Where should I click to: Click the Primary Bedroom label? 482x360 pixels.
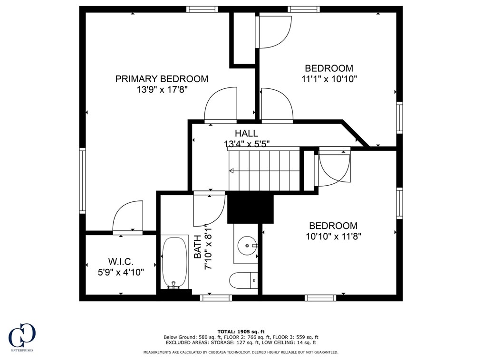coord(162,79)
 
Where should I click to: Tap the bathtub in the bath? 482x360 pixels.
coord(174,262)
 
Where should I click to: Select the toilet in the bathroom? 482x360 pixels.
coord(244,280)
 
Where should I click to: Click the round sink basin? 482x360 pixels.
coord(247,246)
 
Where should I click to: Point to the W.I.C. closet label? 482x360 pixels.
coord(121,262)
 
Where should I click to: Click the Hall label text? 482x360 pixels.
coord(247,133)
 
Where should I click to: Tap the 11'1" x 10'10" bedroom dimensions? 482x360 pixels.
coord(329,79)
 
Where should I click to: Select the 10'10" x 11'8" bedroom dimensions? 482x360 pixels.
coord(333,237)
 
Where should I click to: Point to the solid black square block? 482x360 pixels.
coord(250,209)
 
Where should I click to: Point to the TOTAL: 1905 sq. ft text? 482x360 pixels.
coord(241,332)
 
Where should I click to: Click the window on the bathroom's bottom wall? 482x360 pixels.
coord(216,297)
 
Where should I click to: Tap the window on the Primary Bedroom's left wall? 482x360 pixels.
coord(82,180)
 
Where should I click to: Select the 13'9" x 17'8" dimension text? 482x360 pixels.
coord(162,90)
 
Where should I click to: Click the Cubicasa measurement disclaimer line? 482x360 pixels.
coord(241,352)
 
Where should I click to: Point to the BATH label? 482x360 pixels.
coord(197,246)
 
